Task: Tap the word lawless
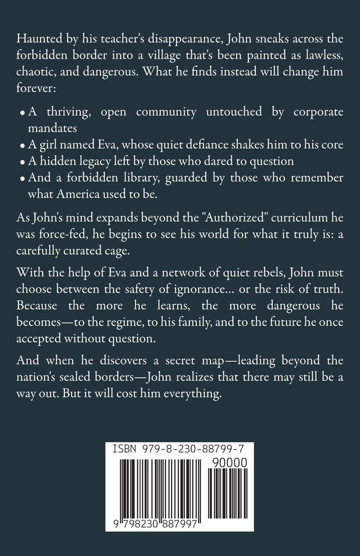[323, 56]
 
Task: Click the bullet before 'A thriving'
[22, 114]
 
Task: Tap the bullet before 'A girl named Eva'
[22, 146]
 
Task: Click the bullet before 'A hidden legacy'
[22, 162]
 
